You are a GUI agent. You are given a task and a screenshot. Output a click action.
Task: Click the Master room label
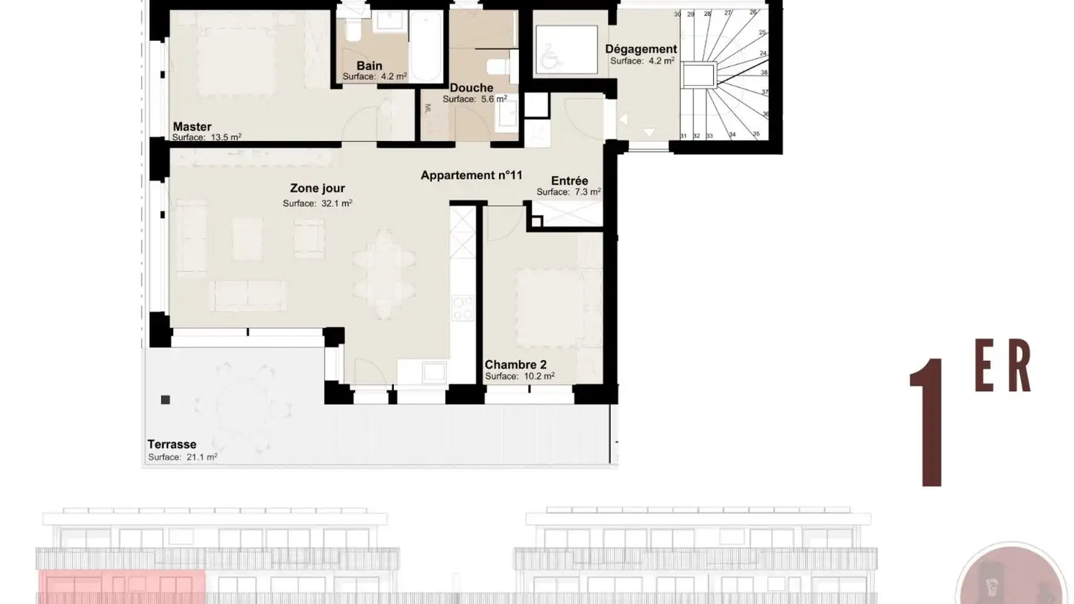[x=192, y=127]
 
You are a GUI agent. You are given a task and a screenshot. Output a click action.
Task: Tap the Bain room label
[x=369, y=66]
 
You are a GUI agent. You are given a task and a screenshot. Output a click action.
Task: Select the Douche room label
[x=471, y=88]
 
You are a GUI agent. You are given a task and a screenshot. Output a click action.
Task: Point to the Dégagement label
[x=641, y=49]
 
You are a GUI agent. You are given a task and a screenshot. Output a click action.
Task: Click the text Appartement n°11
[x=471, y=175]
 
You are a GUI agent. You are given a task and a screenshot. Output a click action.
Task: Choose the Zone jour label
[x=318, y=188]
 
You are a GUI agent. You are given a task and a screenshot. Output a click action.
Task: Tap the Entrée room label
[x=569, y=180]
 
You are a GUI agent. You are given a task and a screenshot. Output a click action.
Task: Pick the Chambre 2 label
[x=515, y=365]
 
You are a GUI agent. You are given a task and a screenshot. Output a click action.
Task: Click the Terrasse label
[x=172, y=444]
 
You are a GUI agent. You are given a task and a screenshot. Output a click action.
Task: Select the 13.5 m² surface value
[x=226, y=137]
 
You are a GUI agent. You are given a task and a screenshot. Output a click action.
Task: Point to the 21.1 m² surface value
[x=202, y=457]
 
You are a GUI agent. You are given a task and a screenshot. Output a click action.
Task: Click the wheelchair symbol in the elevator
[x=551, y=57]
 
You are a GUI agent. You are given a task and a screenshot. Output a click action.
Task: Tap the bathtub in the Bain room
[x=427, y=46]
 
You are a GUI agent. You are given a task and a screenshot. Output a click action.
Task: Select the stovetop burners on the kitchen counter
[x=462, y=308]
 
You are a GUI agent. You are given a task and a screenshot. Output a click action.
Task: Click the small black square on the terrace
[x=166, y=400]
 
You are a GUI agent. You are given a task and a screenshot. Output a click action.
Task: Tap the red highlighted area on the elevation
[x=122, y=587]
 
